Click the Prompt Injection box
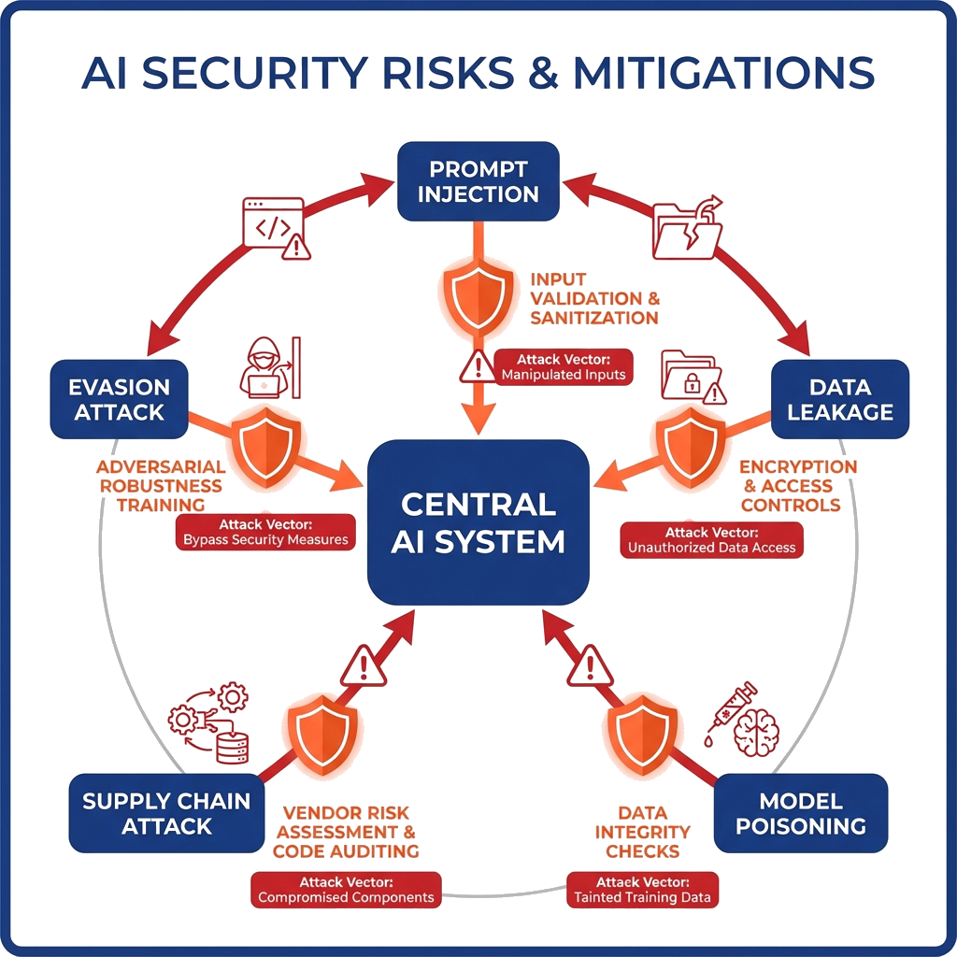(x=478, y=181)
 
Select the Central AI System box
(x=478, y=523)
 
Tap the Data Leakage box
(x=839, y=399)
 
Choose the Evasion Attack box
(x=119, y=399)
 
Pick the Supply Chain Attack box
(x=166, y=813)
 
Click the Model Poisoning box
(x=800, y=813)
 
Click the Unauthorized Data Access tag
(x=712, y=540)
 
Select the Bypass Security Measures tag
(x=265, y=532)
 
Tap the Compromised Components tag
(x=346, y=890)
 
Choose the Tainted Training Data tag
(x=643, y=890)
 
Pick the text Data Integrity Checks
(x=642, y=832)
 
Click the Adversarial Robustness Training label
(x=161, y=486)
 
